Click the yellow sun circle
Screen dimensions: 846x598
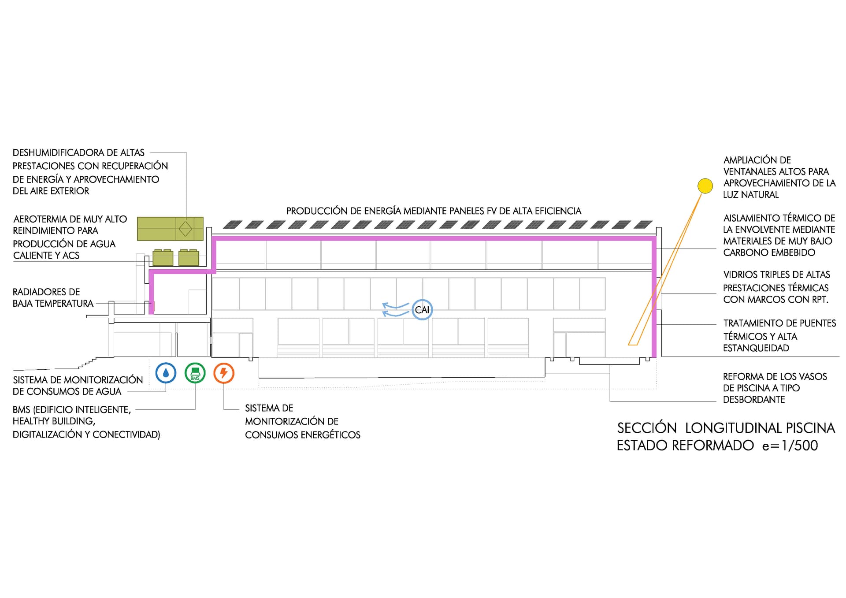pos(705,186)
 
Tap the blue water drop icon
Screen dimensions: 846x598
pos(166,373)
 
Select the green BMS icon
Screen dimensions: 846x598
pos(195,373)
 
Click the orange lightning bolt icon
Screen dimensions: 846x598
pos(224,373)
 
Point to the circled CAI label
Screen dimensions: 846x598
pos(422,310)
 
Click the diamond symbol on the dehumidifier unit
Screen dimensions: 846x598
pos(185,229)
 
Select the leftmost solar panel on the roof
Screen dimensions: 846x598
pos(233,225)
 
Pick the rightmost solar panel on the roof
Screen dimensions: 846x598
pos(643,225)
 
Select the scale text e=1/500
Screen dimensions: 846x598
pos(790,446)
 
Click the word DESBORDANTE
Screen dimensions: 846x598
pos(754,400)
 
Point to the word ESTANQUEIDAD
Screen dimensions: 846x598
pos(756,348)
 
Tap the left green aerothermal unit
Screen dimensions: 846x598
pos(163,258)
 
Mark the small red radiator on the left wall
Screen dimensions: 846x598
pos(153,305)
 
